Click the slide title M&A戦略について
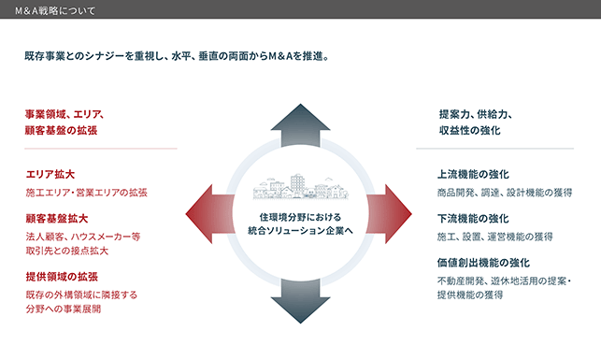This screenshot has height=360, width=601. click(x=55, y=10)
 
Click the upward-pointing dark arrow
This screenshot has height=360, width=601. click(x=301, y=125)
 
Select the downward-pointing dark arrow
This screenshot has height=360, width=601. click(x=301, y=301)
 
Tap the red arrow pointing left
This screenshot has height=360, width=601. click(x=210, y=214)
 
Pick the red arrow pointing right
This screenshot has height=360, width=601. click(x=389, y=214)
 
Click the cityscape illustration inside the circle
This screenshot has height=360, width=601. click(x=301, y=187)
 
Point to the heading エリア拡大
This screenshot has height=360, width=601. click(x=50, y=175)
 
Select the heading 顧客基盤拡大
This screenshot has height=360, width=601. click(x=57, y=219)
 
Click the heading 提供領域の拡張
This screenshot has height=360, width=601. click(x=62, y=277)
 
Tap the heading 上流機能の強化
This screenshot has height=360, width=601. click(x=473, y=175)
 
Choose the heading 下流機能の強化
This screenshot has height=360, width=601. click(x=473, y=219)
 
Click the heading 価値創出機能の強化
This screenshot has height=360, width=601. click(x=483, y=263)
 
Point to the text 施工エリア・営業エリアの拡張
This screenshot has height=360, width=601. click(x=87, y=193)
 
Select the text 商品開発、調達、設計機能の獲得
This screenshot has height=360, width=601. click(x=505, y=193)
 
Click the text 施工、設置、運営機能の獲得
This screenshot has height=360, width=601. click(x=494, y=237)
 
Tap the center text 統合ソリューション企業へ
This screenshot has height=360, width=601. click(x=301, y=231)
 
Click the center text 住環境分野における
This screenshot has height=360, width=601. click(x=301, y=217)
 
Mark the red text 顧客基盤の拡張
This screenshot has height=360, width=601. click(x=61, y=130)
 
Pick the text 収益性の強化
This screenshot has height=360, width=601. click(x=470, y=130)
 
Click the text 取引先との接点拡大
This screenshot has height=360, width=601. click(x=67, y=251)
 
